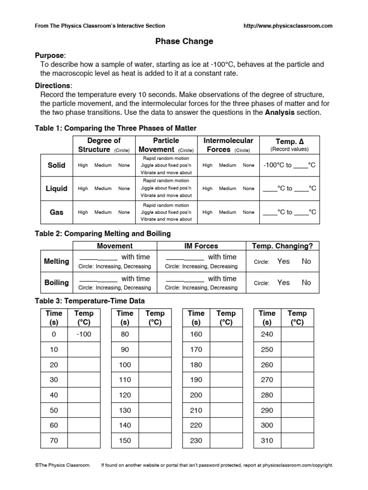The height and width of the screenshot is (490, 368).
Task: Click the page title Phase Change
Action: click(184, 42)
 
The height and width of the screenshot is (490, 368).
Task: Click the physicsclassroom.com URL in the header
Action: click(288, 26)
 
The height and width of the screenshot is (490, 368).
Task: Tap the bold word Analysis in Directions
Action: click(281, 112)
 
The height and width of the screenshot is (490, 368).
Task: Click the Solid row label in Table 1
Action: click(57, 165)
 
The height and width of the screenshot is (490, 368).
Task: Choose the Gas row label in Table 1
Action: click(57, 212)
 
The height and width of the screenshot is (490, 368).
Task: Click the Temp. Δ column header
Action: click(289, 141)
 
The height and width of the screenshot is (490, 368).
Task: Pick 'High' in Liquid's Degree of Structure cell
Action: click(83, 189)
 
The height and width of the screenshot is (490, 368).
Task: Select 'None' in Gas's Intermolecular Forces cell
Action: click(248, 212)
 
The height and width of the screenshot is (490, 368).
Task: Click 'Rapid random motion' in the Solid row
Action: click(166, 158)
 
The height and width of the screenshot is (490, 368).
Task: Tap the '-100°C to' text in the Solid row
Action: click(278, 165)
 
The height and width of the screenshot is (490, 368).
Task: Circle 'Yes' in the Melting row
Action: click(284, 261)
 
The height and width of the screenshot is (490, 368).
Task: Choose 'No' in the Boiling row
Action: click(306, 282)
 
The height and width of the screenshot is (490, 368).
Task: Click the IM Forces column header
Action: click(201, 246)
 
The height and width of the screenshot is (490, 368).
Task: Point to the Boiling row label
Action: click(57, 282)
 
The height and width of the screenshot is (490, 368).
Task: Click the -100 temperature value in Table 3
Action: click(84, 334)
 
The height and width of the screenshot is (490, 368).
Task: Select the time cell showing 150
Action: click(125, 441)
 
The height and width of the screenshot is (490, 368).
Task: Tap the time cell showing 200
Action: click(196, 395)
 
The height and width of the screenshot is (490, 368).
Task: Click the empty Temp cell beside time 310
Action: click(297, 441)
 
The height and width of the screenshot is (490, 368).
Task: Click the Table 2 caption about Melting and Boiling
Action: click(103, 234)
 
